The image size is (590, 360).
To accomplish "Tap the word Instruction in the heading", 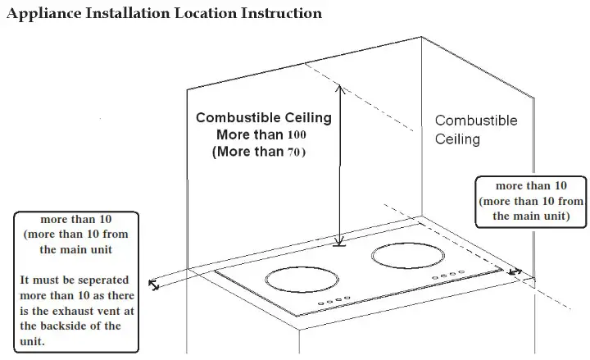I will point(275,14).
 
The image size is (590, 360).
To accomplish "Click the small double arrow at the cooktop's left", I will point(153,285).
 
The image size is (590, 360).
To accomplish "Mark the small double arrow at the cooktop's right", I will point(514,271).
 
